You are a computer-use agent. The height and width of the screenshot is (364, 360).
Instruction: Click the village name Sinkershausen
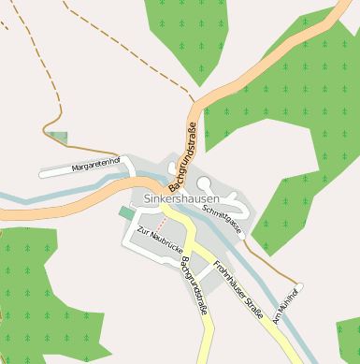pos(182,199)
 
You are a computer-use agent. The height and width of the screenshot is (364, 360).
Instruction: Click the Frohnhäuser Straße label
pos(238,289)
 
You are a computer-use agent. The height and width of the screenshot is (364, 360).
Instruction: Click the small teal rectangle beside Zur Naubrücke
pos(126,213)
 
